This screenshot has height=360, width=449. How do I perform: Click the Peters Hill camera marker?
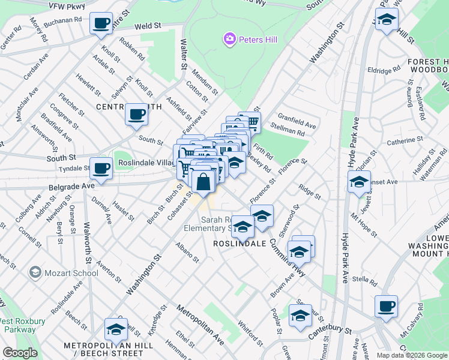pyautogui.click(x=229, y=40)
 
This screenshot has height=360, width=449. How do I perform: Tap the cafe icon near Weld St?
pyautogui.click(x=101, y=23)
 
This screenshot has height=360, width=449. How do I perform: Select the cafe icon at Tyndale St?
pyautogui.click(x=101, y=168)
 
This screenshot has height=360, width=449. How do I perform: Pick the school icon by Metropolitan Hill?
pyautogui.click(x=116, y=328)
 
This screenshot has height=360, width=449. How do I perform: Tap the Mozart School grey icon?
pyautogui.click(x=35, y=273)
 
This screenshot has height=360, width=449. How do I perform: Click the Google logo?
pyautogui.click(x=20, y=353)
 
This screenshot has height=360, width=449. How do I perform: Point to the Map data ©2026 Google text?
pyautogui.click(x=412, y=355)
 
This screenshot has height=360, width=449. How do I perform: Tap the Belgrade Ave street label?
pyautogui.click(x=71, y=187)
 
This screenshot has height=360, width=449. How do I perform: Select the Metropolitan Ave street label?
pyautogui.click(x=200, y=325)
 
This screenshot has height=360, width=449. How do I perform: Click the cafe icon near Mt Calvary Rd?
pyautogui.click(x=385, y=306)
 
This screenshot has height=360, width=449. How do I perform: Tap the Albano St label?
pyautogui.click(x=187, y=253)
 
